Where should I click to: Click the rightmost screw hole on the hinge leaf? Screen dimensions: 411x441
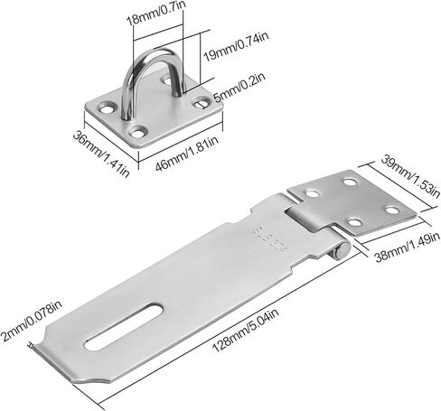[x=396, y=210]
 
